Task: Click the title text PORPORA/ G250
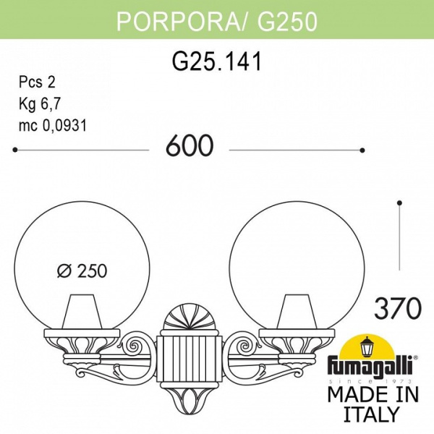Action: pyautogui.click(x=216, y=22)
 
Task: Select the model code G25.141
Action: pyautogui.click(x=216, y=63)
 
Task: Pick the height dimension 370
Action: pyautogui.click(x=398, y=309)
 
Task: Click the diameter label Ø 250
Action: pyautogui.click(x=82, y=271)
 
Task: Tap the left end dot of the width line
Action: pyautogui.click(x=16, y=150)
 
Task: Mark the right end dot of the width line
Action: pyautogui.click(x=362, y=150)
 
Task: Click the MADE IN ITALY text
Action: pyautogui.click(x=373, y=404)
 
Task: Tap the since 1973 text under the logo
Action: pyautogui.click(x=373, y=380)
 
